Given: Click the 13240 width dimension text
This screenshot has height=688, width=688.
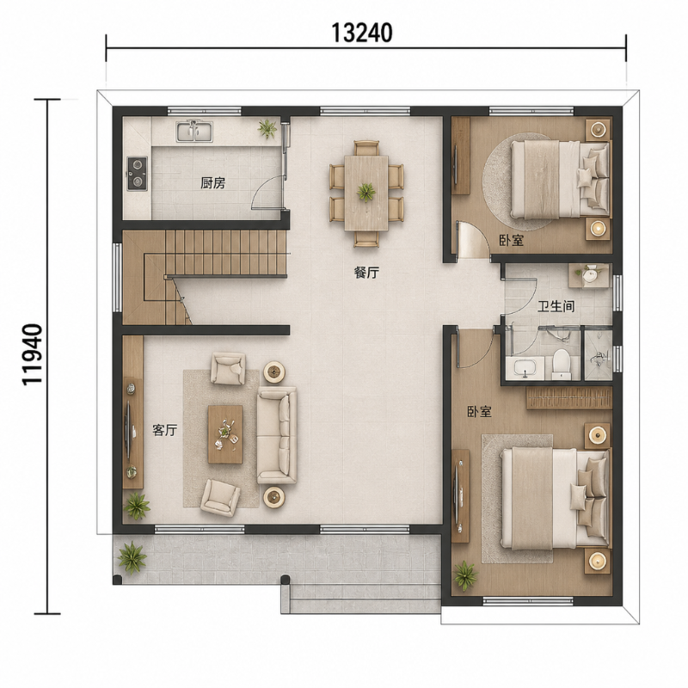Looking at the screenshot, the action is coord(361,33).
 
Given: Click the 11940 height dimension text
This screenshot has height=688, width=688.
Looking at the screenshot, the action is coord(33,355).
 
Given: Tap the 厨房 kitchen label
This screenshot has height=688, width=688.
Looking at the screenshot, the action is coord(212,182).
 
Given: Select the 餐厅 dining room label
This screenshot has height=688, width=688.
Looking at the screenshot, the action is coord(366,273).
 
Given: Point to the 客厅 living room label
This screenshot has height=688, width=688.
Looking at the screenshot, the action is coord(164,430).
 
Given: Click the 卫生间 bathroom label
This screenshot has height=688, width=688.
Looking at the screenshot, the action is coord(556,306).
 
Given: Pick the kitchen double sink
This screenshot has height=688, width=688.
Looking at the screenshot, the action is coord(194,132).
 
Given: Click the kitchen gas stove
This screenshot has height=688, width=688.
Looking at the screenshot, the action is coord(138,174).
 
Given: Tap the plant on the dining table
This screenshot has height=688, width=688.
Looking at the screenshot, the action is coord(365,192).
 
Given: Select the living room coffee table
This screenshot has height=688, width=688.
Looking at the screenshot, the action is coord(225,434).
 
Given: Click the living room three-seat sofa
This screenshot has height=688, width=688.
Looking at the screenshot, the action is coord(277,435).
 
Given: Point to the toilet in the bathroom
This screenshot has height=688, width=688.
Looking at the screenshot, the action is coord(561,364).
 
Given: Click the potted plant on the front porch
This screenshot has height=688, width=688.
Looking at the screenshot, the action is coord(132,557).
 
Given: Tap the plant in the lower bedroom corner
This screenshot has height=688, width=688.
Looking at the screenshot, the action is coord(465,575).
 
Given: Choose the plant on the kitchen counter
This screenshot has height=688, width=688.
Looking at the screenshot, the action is coord(267,129).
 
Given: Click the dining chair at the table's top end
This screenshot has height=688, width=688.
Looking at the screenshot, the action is coord(366,148).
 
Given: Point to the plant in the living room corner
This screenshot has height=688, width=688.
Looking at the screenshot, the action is coord(137,506).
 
